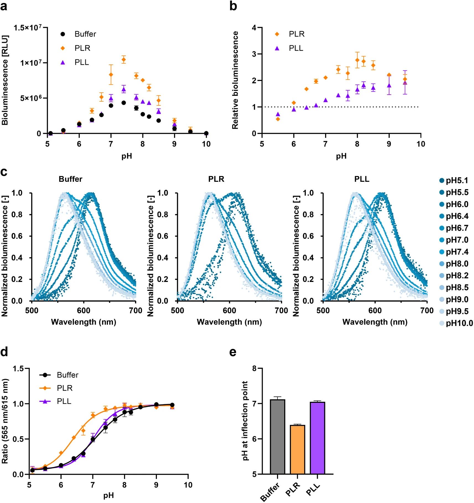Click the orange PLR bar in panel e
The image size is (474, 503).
[297, 449]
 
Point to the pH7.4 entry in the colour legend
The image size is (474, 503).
[454, 252]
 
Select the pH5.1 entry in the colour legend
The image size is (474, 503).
[454, 180]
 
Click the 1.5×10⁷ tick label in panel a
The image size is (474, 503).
[28, 28]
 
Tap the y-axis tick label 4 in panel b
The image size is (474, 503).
[254, 28]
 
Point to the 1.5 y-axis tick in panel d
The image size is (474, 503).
[18, 369]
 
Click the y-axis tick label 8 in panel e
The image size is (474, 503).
[254, 369]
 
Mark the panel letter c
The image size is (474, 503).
[4, 172]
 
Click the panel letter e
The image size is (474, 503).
[233, 352]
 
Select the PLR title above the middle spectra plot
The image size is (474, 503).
[216, 179]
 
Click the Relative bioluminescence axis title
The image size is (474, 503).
[235, 80]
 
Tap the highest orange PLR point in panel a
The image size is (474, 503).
[124, 59]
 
